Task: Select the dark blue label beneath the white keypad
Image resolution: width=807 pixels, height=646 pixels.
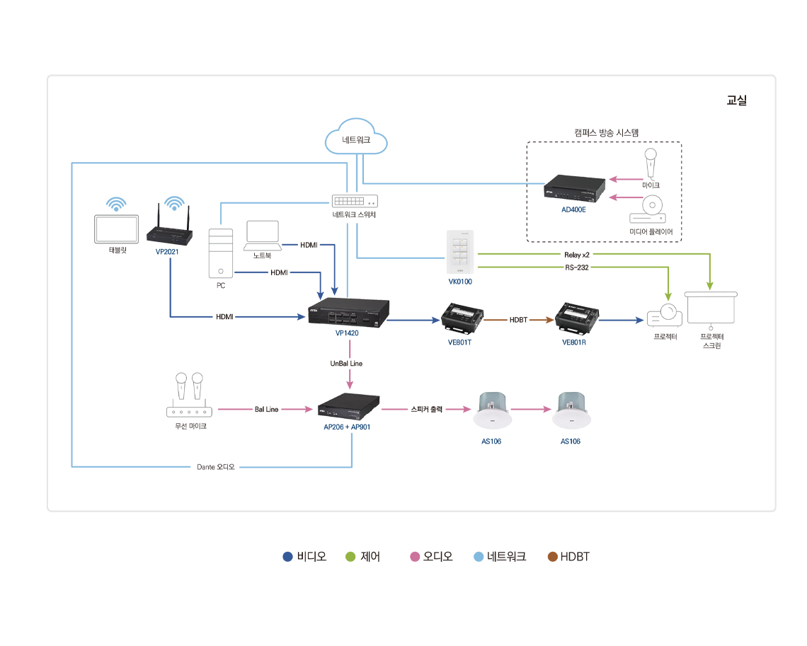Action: (x=457, y=284)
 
